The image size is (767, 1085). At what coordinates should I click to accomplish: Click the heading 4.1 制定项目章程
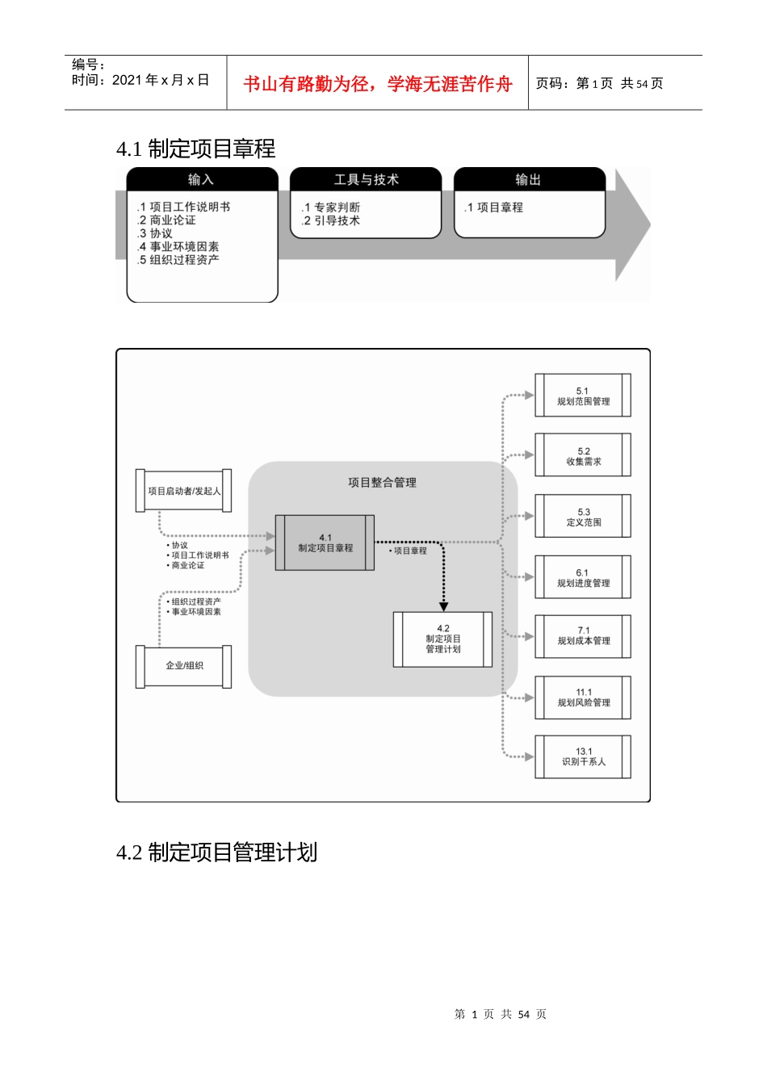196,149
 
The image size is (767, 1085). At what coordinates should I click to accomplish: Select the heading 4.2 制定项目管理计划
216,852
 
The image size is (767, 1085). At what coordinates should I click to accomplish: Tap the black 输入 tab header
201,179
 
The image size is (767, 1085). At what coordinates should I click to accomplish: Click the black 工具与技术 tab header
366,179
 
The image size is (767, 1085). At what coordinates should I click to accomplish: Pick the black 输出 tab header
529,179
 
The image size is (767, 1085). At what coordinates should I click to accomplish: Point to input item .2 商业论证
166,220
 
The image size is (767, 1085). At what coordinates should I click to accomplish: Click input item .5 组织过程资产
178,260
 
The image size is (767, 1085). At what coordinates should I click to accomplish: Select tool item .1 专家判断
331,207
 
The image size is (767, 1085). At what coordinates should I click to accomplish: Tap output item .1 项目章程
494,207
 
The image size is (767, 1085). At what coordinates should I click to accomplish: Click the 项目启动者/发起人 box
184,491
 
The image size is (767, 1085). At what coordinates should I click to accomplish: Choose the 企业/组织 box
184,666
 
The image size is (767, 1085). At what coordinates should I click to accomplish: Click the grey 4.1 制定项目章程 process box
325,542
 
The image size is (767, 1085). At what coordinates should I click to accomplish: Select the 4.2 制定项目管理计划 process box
442,639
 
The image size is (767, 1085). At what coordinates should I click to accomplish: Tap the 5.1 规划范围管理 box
582,396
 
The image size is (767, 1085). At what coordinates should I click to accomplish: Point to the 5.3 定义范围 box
582,517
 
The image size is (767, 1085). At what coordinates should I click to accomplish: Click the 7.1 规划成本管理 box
582,636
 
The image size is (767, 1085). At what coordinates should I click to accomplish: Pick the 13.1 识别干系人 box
582,756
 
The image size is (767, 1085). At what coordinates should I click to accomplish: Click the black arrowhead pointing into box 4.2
443,606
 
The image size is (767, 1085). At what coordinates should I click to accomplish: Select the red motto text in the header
378,84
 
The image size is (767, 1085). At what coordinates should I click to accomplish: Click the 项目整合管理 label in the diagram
382,483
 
